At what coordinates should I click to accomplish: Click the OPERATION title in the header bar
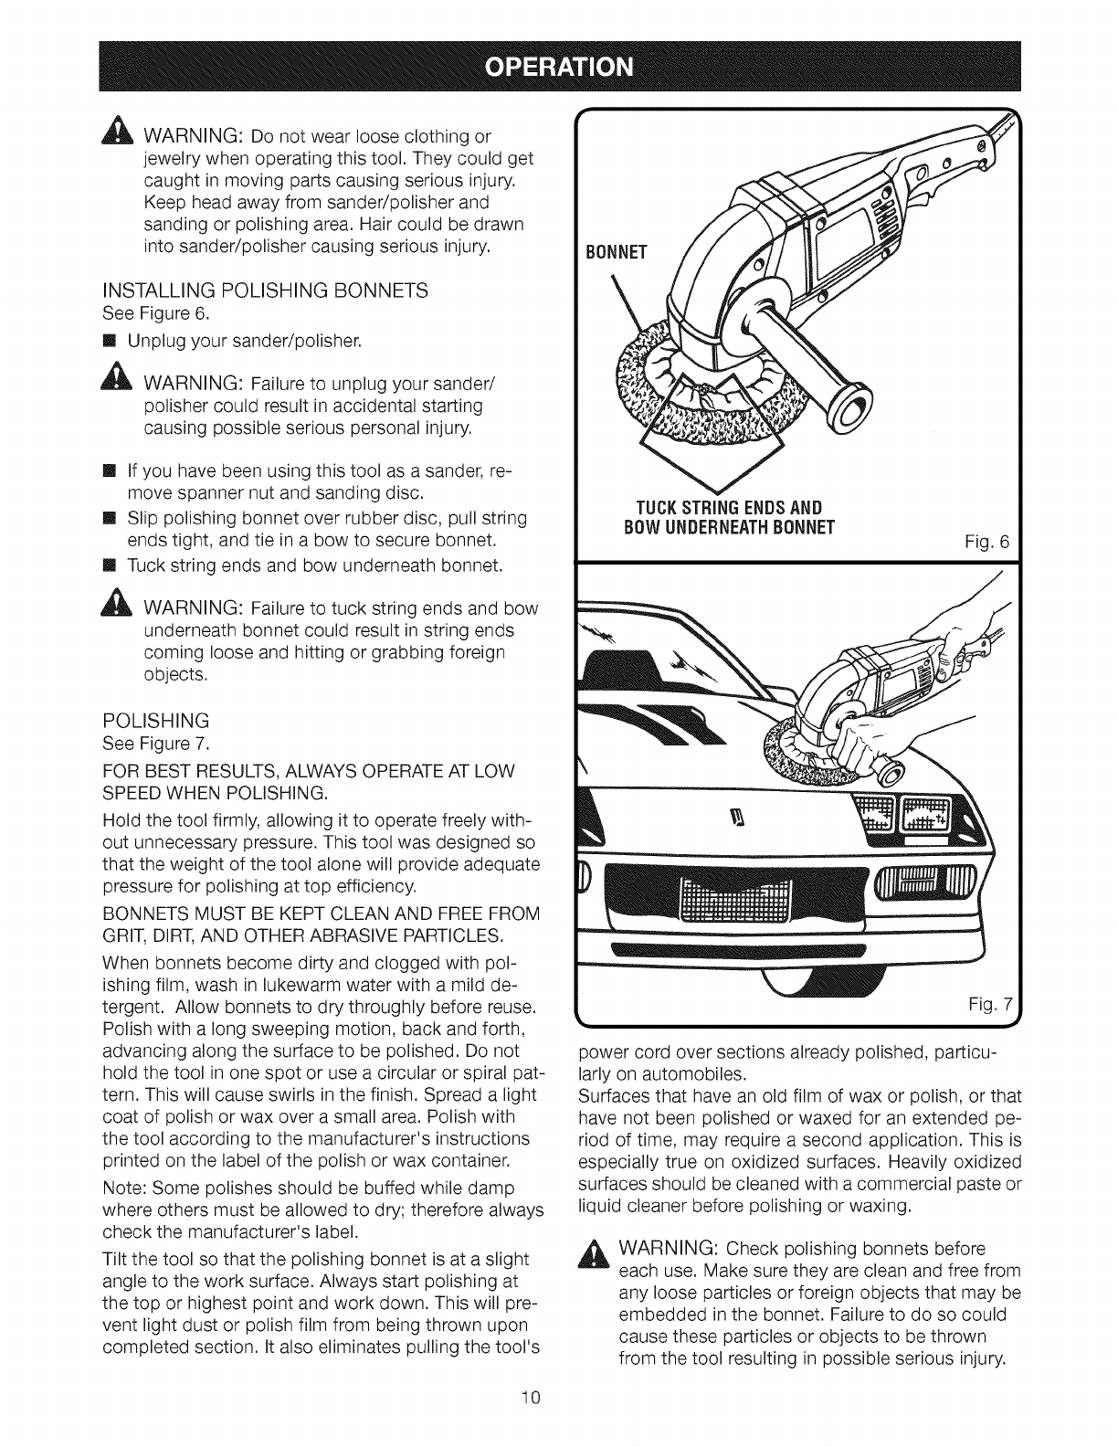click(558, 66)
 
